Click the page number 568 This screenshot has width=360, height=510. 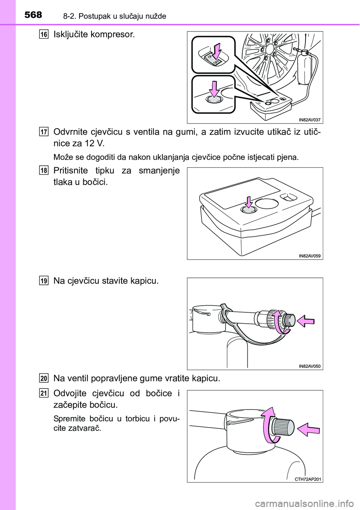point(33,15)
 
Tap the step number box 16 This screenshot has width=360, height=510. point(44,34)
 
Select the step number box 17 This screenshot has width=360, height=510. point(44,132)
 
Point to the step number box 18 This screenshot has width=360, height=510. point(44,170)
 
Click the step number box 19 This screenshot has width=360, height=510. point(44,281)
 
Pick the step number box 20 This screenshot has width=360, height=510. point(44,378)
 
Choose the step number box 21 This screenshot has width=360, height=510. point(44,393)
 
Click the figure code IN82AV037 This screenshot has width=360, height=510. point(309,120)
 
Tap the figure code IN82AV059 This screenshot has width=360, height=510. point(309,256)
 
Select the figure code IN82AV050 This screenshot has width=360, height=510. point(309,366)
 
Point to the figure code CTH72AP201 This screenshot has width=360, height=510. point(307,478)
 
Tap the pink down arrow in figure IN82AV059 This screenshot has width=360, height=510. point(249,202)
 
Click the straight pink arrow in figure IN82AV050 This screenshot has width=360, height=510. point(306,321)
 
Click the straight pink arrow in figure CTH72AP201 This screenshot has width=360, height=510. point(308,429)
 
